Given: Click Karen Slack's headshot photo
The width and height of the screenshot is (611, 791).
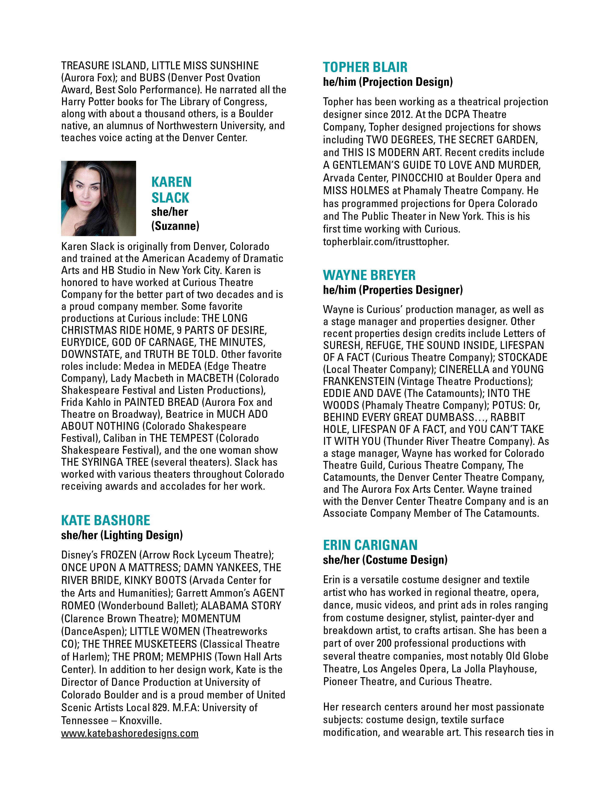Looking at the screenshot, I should point(98,198).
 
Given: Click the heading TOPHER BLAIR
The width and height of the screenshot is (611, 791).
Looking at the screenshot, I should point(365,67).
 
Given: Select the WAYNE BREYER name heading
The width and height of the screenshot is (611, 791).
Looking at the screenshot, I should point(369,275).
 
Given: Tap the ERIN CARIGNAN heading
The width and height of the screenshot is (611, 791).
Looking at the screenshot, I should point(370,545).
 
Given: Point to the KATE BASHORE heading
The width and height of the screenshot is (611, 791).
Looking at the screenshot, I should point(105,520).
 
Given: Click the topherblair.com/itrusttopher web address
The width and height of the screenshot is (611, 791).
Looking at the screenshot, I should point(386,242).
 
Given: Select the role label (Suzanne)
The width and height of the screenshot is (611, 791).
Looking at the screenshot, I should point(175,226).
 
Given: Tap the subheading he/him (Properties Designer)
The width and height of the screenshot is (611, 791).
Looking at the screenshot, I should point(393,290).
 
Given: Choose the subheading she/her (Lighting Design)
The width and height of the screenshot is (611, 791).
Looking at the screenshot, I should point(122,535).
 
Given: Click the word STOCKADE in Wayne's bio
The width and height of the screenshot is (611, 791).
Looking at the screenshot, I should point(522,357).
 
